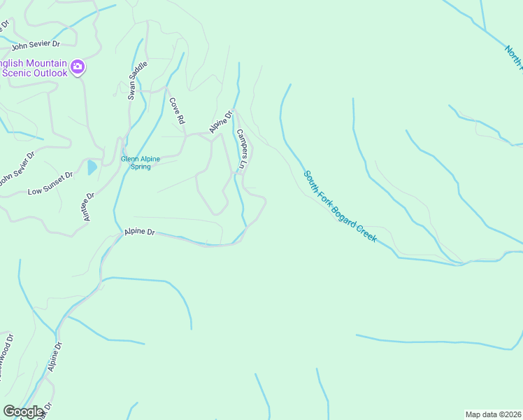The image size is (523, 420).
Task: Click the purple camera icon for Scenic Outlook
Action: click(78, 67)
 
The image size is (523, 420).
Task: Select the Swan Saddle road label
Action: click(137, 80)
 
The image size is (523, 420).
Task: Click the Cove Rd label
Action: click(176, 111)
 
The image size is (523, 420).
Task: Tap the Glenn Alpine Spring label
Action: click(141, 163)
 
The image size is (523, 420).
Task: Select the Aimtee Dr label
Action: click(88, 207)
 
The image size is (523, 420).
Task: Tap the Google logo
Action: click(23, 412)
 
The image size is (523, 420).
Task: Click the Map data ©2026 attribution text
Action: click(493, 414)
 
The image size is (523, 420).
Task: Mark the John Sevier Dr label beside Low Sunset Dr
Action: click(16, 170)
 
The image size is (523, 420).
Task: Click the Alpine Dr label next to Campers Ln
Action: click(220, 122)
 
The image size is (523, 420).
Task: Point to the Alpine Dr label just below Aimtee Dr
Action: click(139, 232)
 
